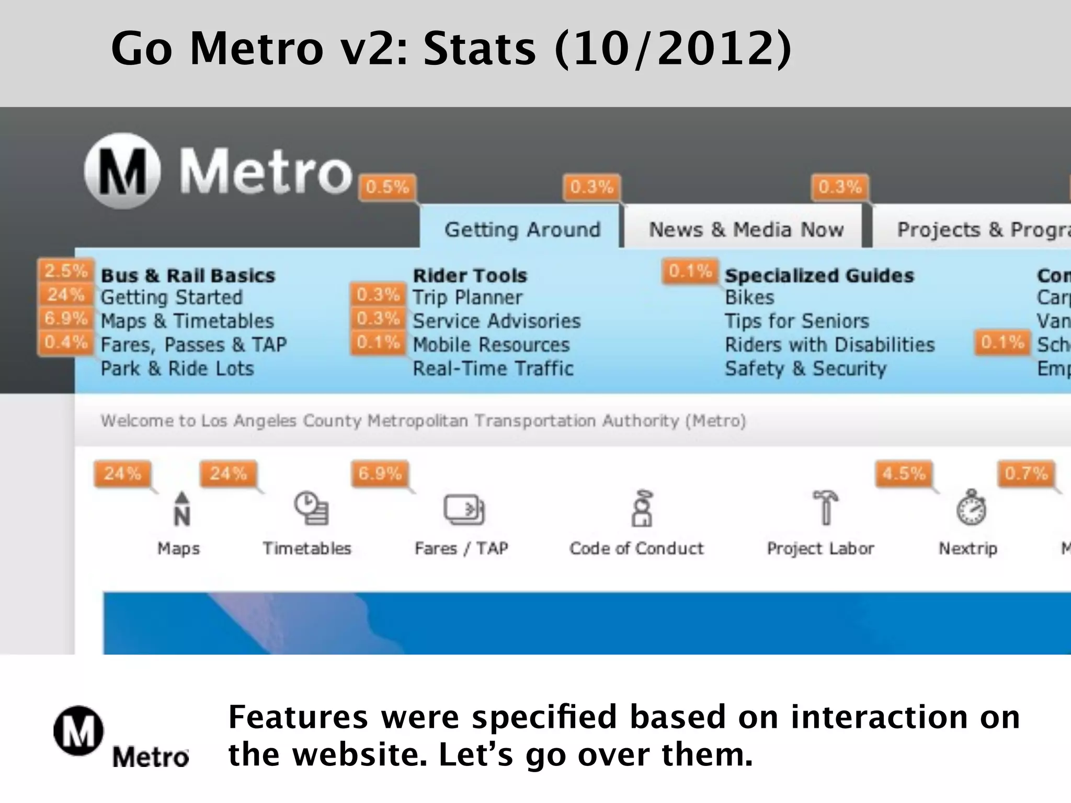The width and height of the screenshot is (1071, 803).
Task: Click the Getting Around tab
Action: click(x=522, y=230)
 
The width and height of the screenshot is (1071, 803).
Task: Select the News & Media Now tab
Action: click(x=746, y=230)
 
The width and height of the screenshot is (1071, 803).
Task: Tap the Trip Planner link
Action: click(x=467, y=297)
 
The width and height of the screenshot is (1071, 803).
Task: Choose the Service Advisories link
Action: click(x=496, y=321)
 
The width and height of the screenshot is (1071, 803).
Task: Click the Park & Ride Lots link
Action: click(x=177, y=369)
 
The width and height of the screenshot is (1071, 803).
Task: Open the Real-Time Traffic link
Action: click(x=493, y=369)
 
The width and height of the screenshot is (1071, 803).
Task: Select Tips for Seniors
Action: click(x=796, y=321)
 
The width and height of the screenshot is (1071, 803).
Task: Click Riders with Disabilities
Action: click(x=829, y=345)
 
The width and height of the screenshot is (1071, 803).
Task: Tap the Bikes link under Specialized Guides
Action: click(x=749, y=297)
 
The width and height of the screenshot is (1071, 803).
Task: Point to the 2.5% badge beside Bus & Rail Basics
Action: click(x=66, y=271)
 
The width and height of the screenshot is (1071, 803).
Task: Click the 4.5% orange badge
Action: click(x=904, y=474)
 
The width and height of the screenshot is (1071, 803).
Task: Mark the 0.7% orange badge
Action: click(x=1026, y=474)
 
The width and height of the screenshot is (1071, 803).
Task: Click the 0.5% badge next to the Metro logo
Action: click(x=387, y=187)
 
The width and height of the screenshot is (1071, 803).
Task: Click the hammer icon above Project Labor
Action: click(x=825, y=507)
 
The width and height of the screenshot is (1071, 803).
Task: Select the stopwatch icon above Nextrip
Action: click(x=971, y=508)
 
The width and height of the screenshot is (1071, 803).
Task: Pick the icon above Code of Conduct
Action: click(x=642, y=508)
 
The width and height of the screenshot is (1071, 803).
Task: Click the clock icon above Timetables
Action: click(x=311, y=508)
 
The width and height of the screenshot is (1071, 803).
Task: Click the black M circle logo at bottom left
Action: click(x=78, y=731)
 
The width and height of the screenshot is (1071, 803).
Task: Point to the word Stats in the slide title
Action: click(x=480, y=49)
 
